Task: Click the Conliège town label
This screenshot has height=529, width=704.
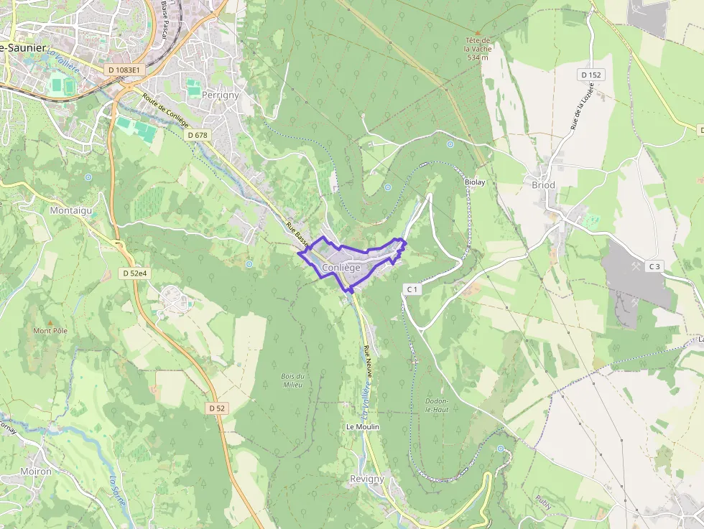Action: [341, 267]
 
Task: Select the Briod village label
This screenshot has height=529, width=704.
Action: [543, 184]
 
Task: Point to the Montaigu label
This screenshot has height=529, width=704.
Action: [71, 210]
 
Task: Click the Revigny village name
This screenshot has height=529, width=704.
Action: [367, 479]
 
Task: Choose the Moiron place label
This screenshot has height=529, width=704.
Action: [37, 472]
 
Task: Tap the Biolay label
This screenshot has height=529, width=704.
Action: [476, 182]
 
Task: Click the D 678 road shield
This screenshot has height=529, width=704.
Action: [197, 135]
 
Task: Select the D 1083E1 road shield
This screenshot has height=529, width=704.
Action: [124, 70]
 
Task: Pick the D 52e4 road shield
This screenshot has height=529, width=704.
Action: [134, 273]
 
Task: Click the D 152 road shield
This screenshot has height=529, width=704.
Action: [590, 75]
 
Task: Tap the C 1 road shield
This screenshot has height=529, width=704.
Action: [412, 289]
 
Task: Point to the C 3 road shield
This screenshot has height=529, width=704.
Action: [654, 267]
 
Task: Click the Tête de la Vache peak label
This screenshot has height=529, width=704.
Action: [477, 48]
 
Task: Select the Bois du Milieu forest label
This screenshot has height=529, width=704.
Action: [293, 380]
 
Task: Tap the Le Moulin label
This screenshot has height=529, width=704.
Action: [362, 426]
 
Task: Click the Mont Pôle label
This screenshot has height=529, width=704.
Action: [50, 331]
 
